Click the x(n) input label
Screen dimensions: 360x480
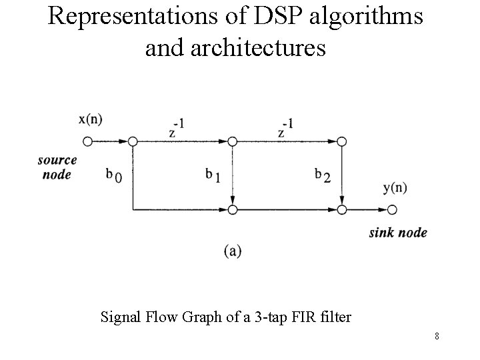[91, 120]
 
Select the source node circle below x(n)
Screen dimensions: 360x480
[87, 141]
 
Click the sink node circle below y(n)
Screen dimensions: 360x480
[393, 210]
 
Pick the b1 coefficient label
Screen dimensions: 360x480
[213, 175]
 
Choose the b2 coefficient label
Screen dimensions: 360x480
[323, 175]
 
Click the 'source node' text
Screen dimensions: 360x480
[57, 167]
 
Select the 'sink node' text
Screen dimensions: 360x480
[398, 233]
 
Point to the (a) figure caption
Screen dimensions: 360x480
[233, 251]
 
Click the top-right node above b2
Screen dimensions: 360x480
[342, 141]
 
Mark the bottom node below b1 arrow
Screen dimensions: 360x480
[233, 210]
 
